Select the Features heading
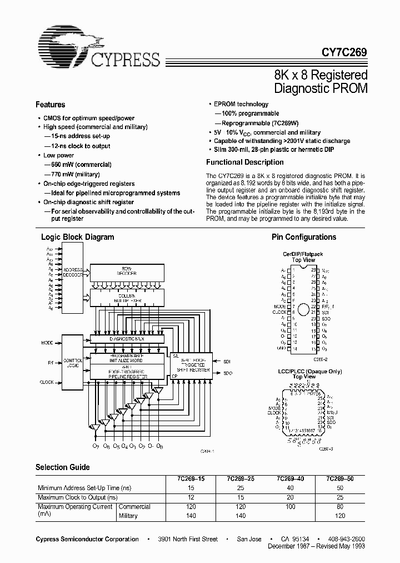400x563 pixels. coord(51,105)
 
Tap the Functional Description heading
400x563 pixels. coord(245,162)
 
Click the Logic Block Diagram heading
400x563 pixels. coord(78,237)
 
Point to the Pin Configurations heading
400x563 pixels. coord(304,237)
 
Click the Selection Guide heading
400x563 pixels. coord(63,467)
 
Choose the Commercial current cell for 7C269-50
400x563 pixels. coord(340,507)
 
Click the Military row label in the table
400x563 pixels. coord(128,516)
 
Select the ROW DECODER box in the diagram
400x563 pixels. coord(126,272)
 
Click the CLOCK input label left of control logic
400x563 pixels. coord(47,382)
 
